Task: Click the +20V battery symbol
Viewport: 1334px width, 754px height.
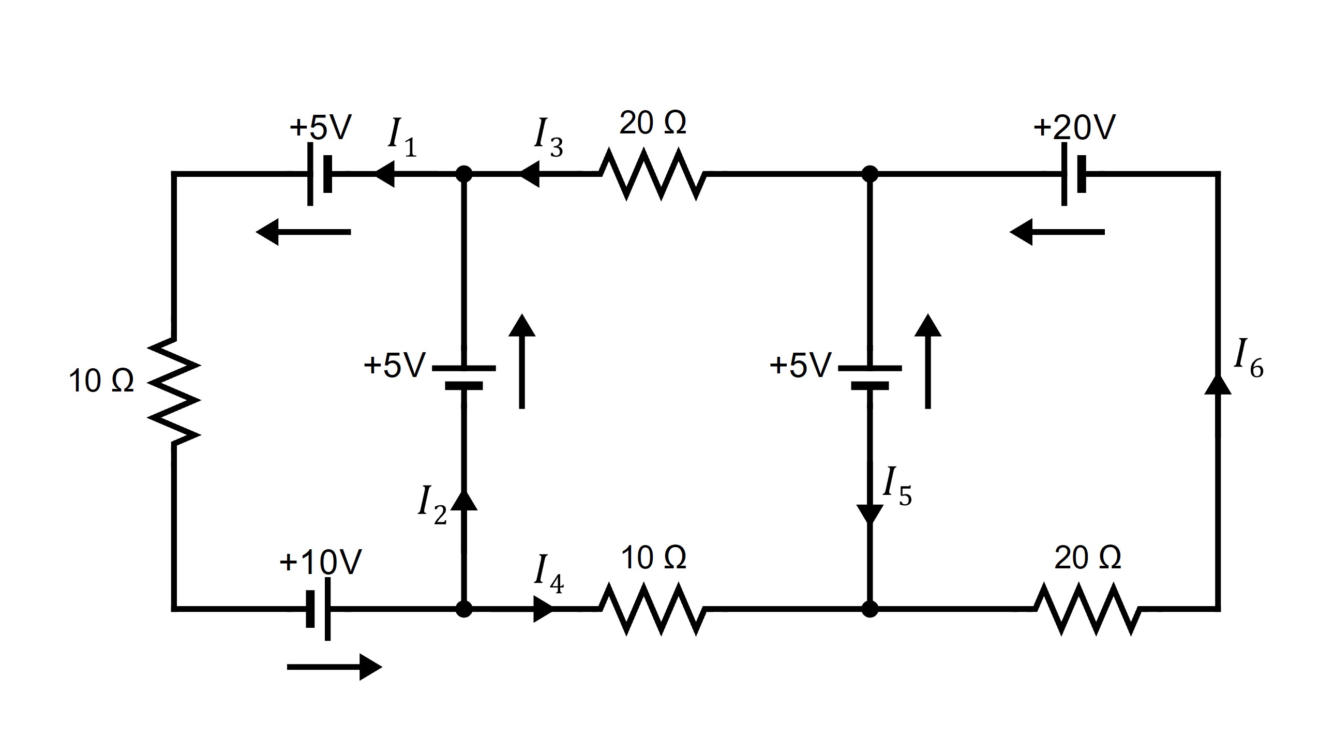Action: tap(1072, 174)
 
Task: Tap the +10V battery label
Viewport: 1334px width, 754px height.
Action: tap(321, 562)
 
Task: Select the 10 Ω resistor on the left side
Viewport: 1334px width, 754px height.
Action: tap(173, 392)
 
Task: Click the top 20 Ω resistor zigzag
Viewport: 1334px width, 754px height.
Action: tap(652, 174)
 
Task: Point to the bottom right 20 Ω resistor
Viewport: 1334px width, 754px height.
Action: tap(1087, 610)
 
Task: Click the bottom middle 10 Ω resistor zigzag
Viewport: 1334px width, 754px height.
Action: tap(652, 610)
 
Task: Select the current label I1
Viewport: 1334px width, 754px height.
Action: tap(402, 137)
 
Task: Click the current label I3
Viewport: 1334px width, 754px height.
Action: tap(548, 137)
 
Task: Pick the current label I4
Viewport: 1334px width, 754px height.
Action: tap(548, 574)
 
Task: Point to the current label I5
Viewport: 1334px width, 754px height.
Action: tap(896, 486)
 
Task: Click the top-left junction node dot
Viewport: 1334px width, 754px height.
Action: tap(463, 174)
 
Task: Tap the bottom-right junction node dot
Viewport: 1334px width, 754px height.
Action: tap(870, 610)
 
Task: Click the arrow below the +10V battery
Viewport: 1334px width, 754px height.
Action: tap(334, 668)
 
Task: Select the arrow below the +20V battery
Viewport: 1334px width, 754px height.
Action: tap(1057, 232)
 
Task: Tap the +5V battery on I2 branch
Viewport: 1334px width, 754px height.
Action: tap(463, 377)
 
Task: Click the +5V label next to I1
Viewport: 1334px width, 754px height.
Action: tap(321, 127)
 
